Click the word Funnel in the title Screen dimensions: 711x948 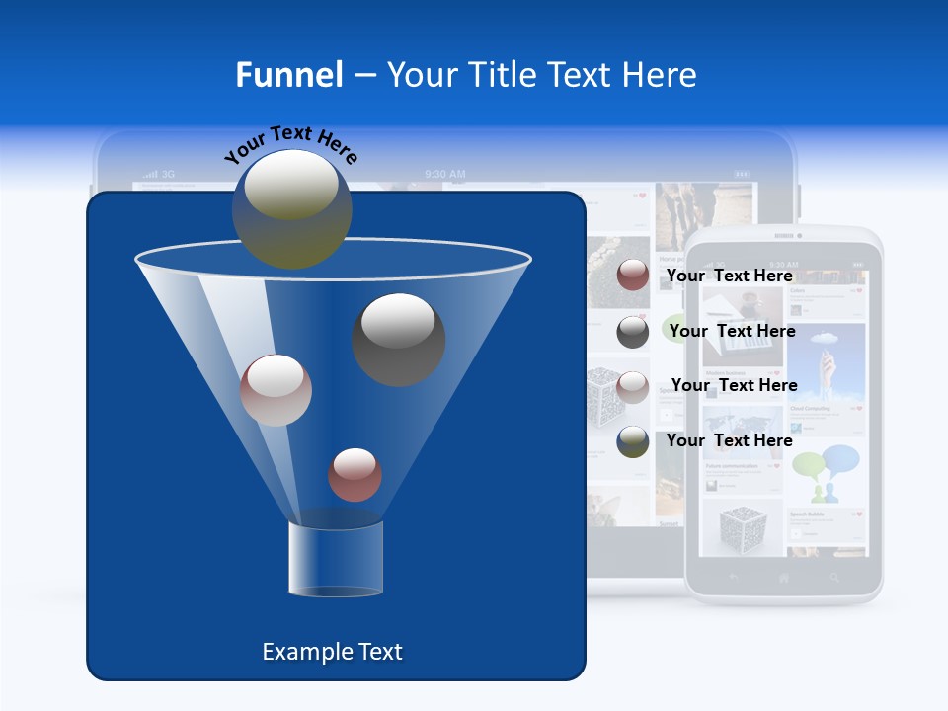point(289,75)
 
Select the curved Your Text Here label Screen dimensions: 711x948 point(290,144)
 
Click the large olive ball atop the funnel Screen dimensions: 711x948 point(292,208)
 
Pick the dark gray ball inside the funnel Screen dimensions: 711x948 point(398,339)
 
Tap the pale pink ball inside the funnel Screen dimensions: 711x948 point(276,390)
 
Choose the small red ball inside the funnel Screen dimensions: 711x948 point(355,474)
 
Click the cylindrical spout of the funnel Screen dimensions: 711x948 point(335,559)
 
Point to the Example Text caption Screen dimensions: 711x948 point(332,652)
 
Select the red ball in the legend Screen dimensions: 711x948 point(633,276)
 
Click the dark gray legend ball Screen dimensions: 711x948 point(633,332)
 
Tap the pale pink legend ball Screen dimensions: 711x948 point(633,387)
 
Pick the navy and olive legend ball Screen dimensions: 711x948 point(633,441)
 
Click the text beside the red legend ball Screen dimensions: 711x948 point(730,276)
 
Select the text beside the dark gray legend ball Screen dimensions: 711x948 point(733,332)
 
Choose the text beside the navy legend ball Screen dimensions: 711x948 point(730,440)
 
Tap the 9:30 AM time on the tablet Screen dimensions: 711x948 point(445,175)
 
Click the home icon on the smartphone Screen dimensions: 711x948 point(784,578)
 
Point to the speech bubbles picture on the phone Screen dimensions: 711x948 point(827,471)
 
